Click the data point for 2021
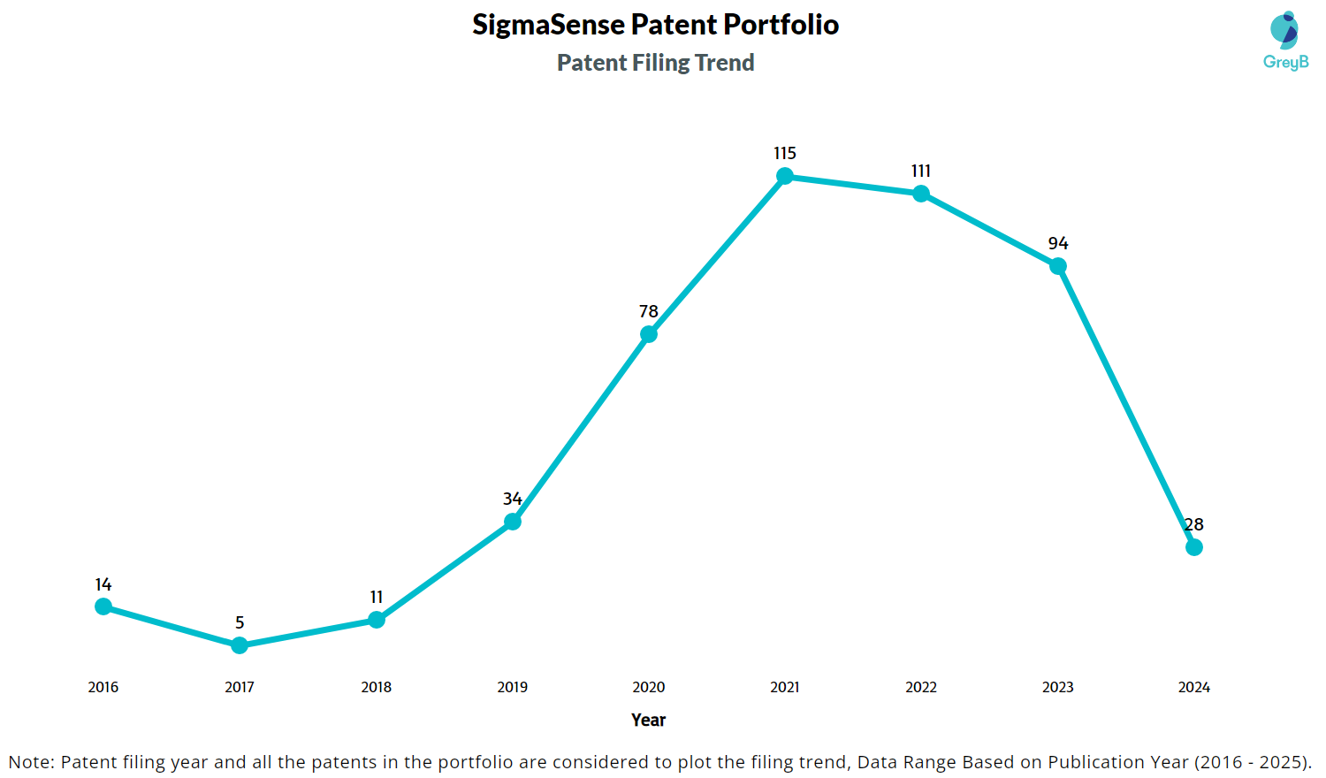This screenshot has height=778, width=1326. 784,176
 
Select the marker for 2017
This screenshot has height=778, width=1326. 240,645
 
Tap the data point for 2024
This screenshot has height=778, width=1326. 1193,547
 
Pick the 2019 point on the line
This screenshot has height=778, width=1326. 512,522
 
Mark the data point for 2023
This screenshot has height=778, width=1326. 1057,266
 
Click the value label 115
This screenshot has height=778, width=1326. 784,154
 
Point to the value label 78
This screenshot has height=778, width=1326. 648,312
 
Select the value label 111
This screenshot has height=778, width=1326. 920,172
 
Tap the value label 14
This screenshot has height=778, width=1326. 103,585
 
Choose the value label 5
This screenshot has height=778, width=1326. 240,623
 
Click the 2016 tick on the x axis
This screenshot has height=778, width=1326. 103,687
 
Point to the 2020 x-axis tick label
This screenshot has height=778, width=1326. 648,687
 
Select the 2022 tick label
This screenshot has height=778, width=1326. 920,687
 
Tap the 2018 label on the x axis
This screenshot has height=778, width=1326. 376,687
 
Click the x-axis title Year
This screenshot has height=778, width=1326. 648,720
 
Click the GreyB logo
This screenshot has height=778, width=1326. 1285,41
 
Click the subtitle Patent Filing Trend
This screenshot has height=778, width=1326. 655,63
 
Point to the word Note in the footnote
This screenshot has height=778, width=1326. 30,762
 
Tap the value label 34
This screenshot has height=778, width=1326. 512,500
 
